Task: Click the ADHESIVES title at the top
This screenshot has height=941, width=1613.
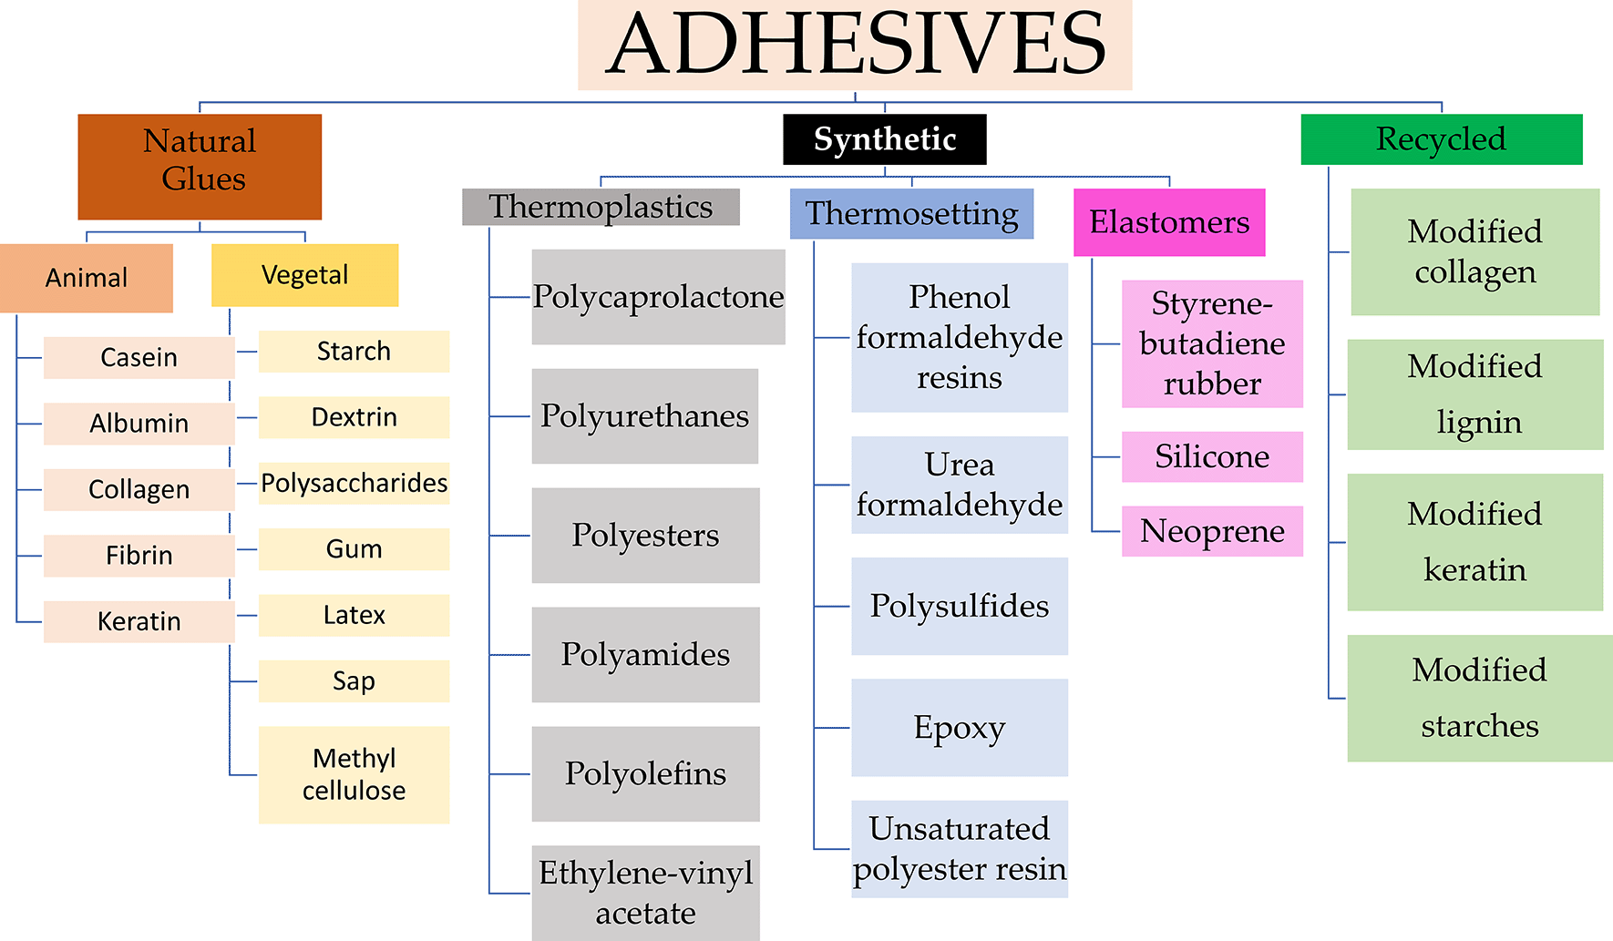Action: [x=855, y=45]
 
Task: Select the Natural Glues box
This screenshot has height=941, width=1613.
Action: [x=200, y=167]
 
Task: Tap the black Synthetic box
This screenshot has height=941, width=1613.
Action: [x=884, y=139]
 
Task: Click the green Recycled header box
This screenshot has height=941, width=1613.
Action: [x=1441, y=139]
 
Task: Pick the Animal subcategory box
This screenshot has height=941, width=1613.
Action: [x=87, y=278]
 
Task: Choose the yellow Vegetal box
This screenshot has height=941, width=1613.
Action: [x=304, y=275]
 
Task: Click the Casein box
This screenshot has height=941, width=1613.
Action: [x=139, y=357]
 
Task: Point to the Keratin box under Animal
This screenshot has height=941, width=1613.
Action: [x=139, y=621]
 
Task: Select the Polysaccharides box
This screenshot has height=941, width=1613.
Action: [x=354, y=483]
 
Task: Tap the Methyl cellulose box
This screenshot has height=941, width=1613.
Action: [x=354, y=774]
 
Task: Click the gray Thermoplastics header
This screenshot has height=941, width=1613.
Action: [x=601, y=207]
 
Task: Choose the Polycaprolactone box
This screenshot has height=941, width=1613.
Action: [x=658, y=297]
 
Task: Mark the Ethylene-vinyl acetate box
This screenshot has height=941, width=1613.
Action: [x=645, y=893]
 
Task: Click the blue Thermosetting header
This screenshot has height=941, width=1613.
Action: [x=911, y=214]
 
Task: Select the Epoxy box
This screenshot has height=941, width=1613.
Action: [x=960, y=728]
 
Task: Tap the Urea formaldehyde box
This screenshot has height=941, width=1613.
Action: [x=960, y=485]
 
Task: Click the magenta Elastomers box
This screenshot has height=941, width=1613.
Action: [x=1169, y=222]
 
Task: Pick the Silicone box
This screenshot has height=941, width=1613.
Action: [x=1212, y=456]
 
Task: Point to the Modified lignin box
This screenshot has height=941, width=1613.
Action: [x=1474, y=394]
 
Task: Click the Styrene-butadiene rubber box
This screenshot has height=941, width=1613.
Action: [x=1212, y=343]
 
